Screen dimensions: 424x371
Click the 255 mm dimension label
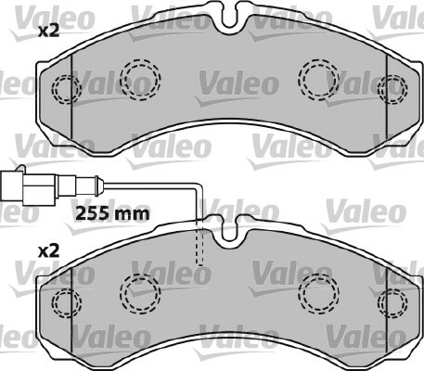click(x=112, y=213)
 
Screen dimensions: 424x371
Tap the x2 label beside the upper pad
click(x=48, y=32)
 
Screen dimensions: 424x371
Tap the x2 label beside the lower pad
click(x=48, y=251)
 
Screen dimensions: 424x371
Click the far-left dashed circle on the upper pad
click(x=66, y=89)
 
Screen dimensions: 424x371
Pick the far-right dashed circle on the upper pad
click(x=392, y=89)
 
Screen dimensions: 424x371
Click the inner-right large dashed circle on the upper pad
click(x=318, y=79)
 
